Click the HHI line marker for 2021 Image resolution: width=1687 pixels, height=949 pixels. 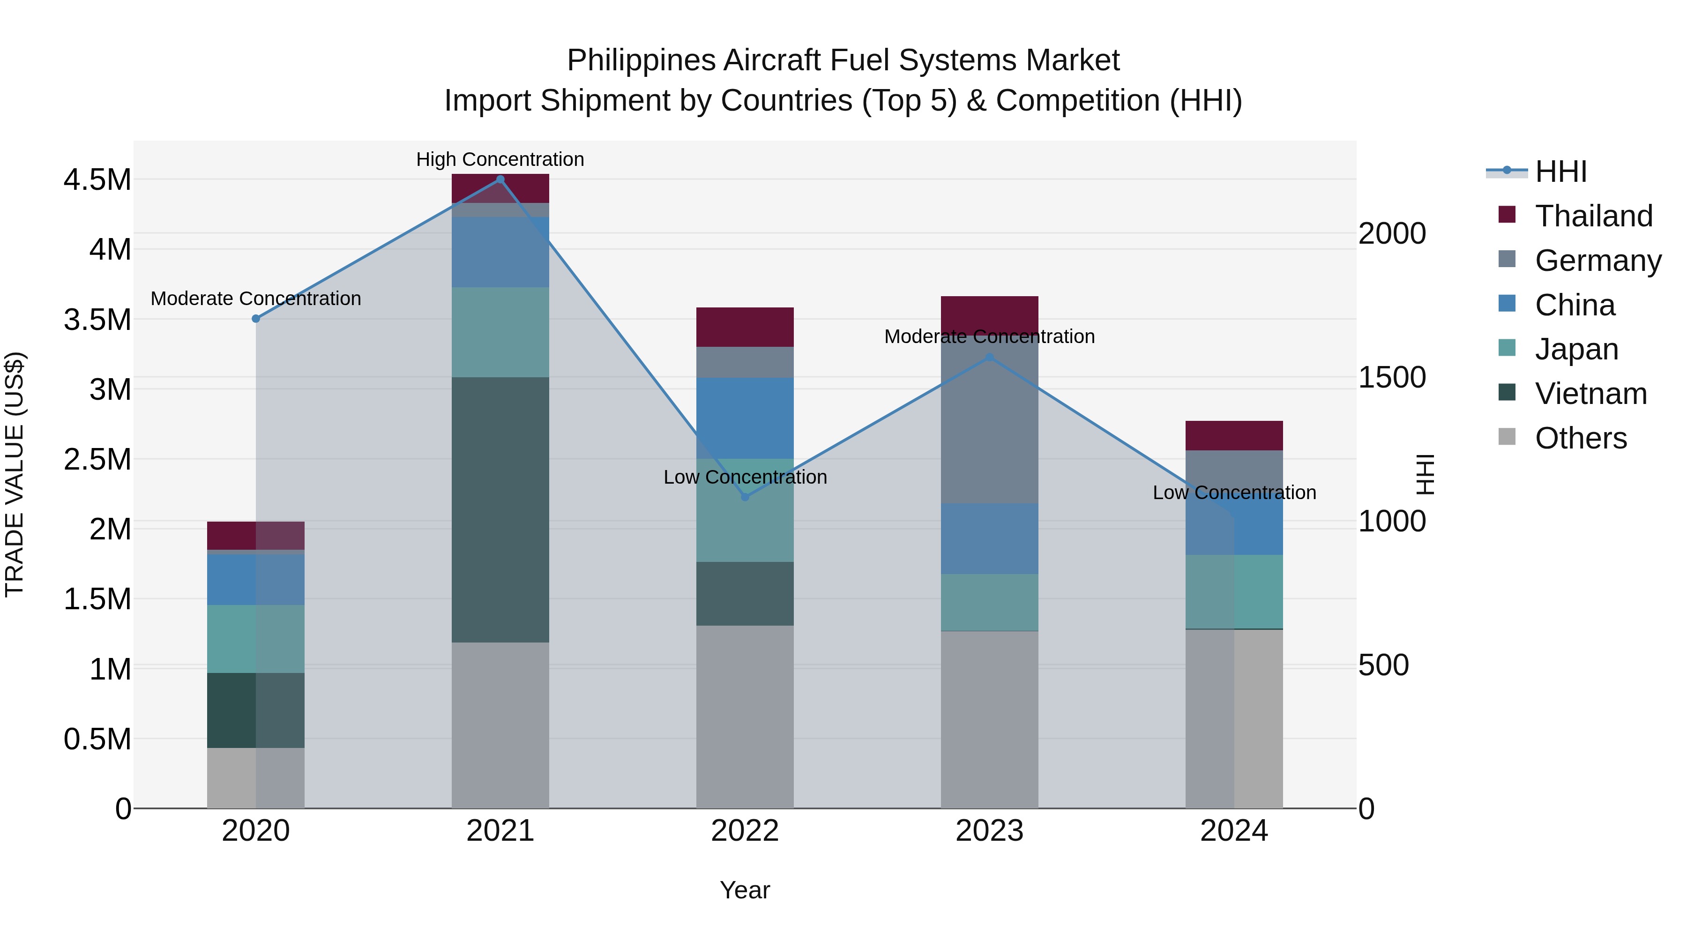tap(500, 179)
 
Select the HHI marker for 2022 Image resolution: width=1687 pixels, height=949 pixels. tap(745, 497)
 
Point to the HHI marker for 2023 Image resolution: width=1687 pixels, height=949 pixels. tap(990, 358)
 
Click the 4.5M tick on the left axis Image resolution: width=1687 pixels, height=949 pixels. tap(97, 179)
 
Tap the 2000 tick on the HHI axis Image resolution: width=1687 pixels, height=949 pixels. tap(1392, 233)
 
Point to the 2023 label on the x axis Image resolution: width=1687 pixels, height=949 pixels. tap(990, 831)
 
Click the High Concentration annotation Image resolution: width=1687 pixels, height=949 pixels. tap(500, 159)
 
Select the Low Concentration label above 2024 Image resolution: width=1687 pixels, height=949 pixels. tap(1234, 493)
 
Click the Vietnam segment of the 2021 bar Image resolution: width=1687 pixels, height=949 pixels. tap(500, 509)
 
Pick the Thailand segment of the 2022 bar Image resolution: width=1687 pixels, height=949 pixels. tap(745, 327)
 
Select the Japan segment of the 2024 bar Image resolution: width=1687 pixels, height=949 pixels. tap(1234, 591)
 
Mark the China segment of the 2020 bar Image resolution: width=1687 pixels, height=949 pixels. tap(256, 579)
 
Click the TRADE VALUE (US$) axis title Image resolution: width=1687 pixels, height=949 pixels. tap(15, 474)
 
